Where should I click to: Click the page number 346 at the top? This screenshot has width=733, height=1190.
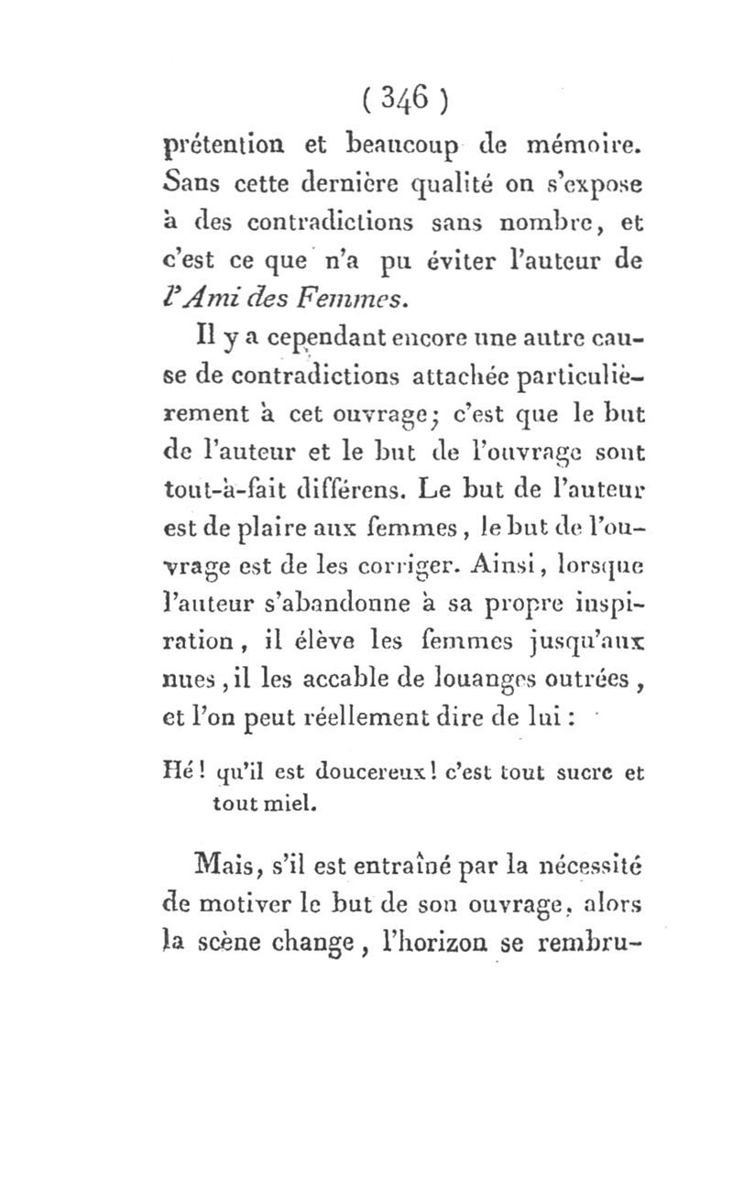tap(402, 96)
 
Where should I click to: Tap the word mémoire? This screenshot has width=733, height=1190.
tap(585, 144)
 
